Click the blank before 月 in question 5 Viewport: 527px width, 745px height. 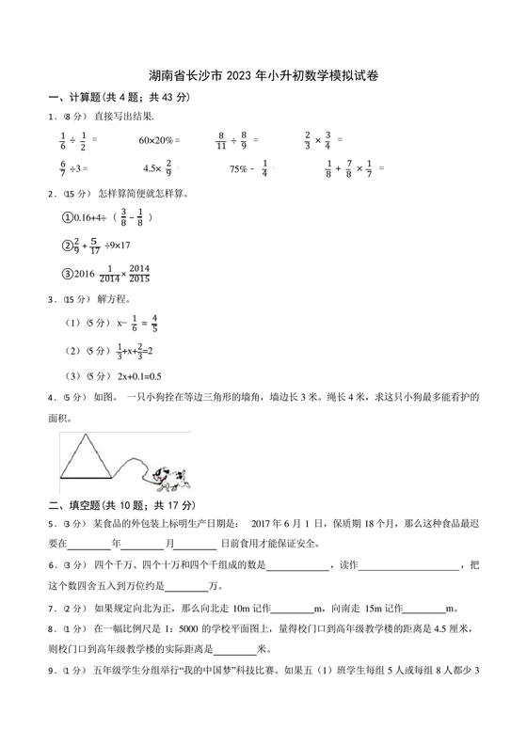pyautogui.click(x=142, y=544)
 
